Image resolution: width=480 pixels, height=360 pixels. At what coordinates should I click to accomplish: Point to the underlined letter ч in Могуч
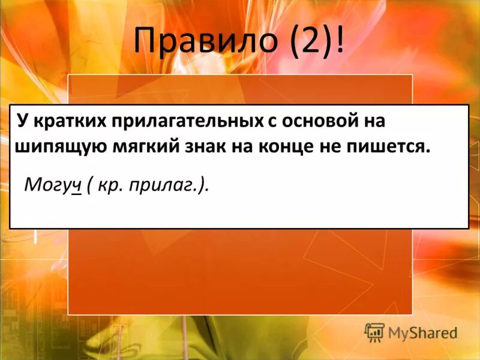76,185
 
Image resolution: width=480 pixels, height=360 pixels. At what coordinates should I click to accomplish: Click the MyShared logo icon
374,332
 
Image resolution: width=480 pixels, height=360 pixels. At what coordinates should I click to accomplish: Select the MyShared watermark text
422,332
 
